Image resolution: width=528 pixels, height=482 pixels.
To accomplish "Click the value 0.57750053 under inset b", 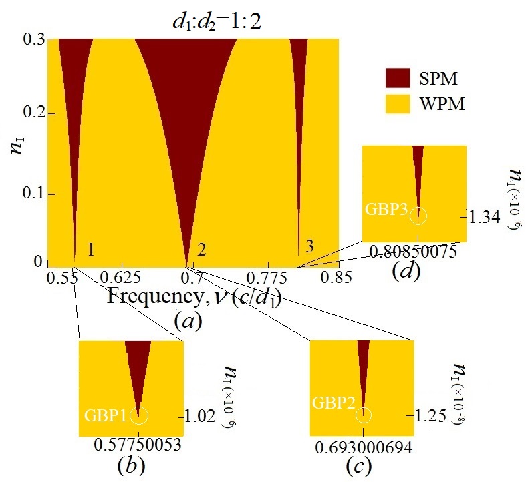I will (130, 445).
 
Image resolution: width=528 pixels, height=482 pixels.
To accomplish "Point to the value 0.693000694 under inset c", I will (362, 445).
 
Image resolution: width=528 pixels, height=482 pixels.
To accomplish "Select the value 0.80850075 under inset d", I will (416, 252).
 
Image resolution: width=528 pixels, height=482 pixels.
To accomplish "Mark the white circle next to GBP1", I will (138, 415).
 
